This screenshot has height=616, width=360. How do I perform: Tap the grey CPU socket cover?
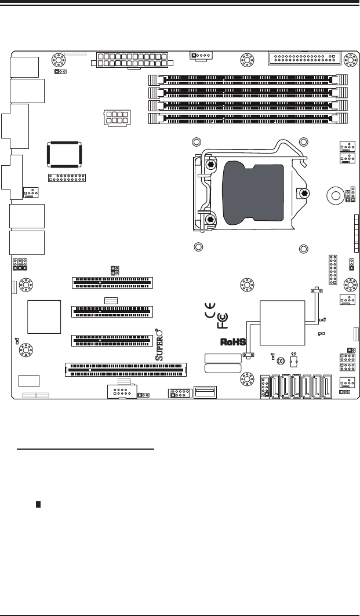(253, 192)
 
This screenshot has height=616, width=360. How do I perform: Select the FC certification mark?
(222, 320)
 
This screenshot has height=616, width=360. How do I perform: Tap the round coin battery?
(334, 196)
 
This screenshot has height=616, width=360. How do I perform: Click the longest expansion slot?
(125, 369)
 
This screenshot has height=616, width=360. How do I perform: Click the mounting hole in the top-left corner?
(58, 59)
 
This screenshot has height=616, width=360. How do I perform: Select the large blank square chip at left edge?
(43, 317)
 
